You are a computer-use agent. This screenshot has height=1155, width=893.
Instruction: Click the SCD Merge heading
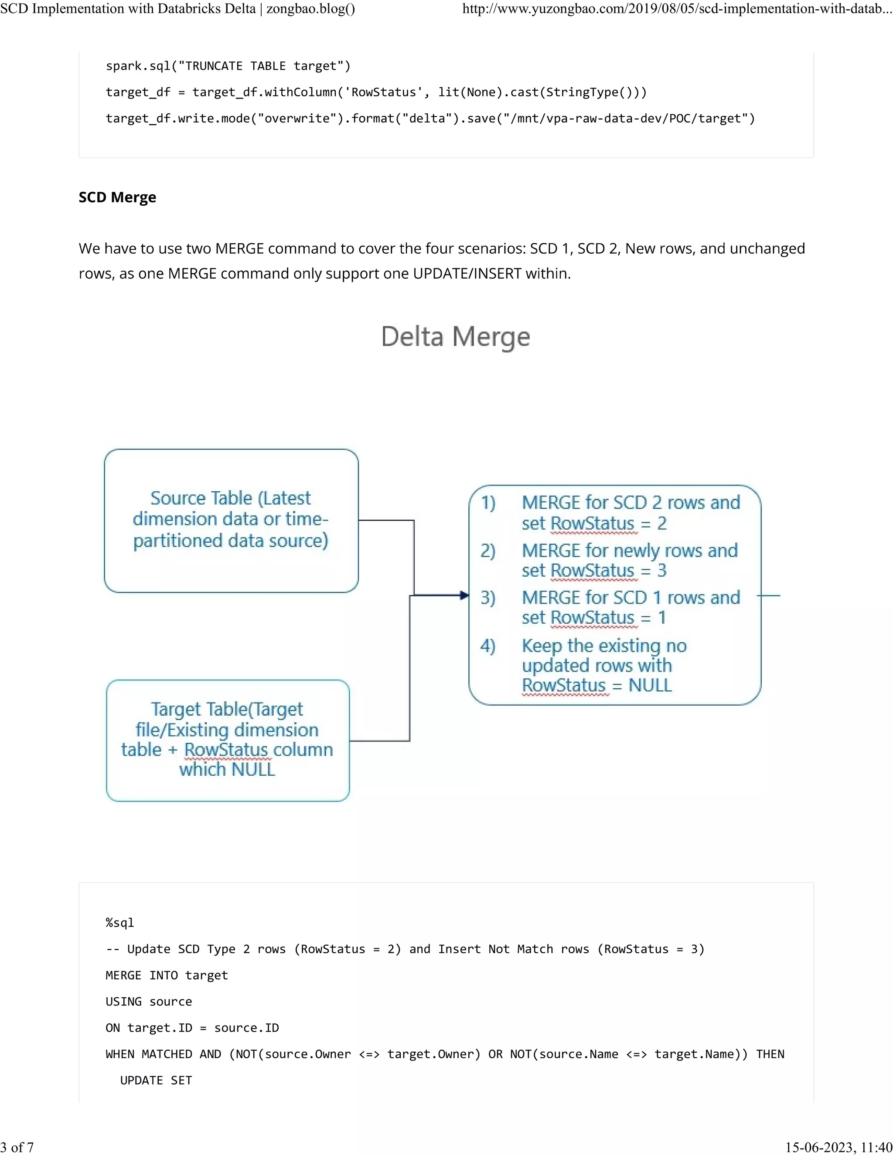[x=117, y=197]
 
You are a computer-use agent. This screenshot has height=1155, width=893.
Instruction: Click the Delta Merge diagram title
[x=456, y=336]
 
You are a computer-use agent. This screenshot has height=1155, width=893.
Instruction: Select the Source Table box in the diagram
[x=231, y=520]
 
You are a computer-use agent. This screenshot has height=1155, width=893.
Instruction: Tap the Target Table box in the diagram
[x=228, y=741]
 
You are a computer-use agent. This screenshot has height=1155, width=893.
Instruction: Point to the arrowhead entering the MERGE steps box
[x=464, y=595]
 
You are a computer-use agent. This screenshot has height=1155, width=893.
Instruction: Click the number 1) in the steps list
[x=488, y=503]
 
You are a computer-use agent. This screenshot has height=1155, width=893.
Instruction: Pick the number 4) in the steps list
[x=488, y=646]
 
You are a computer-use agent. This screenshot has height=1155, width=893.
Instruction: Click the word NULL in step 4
[x=650, y=686]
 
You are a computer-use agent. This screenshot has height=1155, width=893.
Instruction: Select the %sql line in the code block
[x=120, y=923]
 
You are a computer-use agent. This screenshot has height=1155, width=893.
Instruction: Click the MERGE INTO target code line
[x=167, y=975]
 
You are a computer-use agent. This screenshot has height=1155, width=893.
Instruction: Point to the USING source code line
[x=149, y=1002]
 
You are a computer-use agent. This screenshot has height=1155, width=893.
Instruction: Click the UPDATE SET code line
[x=156, y=1080]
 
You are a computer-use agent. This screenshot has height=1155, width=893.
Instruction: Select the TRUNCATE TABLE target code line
[x=228, y=66]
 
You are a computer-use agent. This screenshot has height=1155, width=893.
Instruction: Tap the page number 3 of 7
[x=17, y=1147]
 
